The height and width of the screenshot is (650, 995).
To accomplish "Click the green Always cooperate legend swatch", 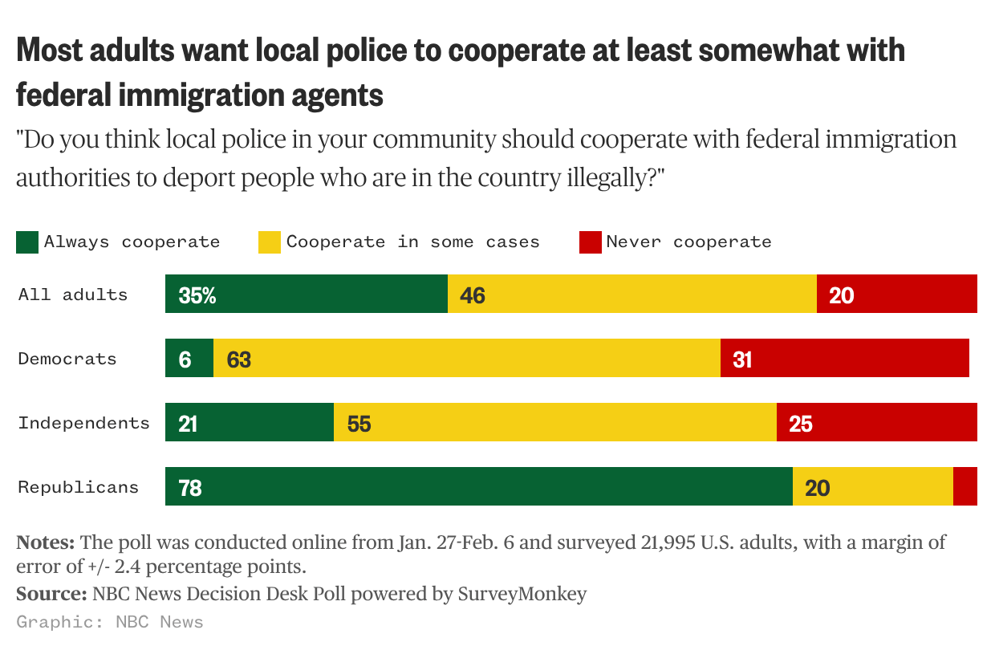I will point(27,242).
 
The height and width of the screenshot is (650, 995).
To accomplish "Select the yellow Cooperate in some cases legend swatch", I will point(269,242).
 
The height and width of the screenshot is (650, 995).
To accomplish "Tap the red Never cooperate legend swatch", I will point(591,242).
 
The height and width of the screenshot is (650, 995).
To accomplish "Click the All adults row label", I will point(73,295).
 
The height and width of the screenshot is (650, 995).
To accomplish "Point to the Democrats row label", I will point(67,359).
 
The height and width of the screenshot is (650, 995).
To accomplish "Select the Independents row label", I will point(83,423).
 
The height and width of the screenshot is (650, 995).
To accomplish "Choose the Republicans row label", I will point(79,487).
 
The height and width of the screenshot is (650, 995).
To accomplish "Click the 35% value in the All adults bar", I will point(197,296).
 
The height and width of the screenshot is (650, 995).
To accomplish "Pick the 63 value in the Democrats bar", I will point(238,360).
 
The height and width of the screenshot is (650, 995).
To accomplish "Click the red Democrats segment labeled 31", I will point(844,359).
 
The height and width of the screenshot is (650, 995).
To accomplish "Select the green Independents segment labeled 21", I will point(249,423).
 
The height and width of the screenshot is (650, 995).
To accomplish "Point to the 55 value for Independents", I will point(359,425).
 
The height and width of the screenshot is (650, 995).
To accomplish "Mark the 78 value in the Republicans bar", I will point(190,488).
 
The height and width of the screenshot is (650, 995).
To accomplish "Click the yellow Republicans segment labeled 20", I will point(872,487).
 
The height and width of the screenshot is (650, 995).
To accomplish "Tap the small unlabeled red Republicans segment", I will point(965,487).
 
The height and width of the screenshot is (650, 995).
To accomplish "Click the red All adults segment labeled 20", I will point(896,295).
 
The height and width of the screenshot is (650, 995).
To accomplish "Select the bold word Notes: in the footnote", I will point(46,542).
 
